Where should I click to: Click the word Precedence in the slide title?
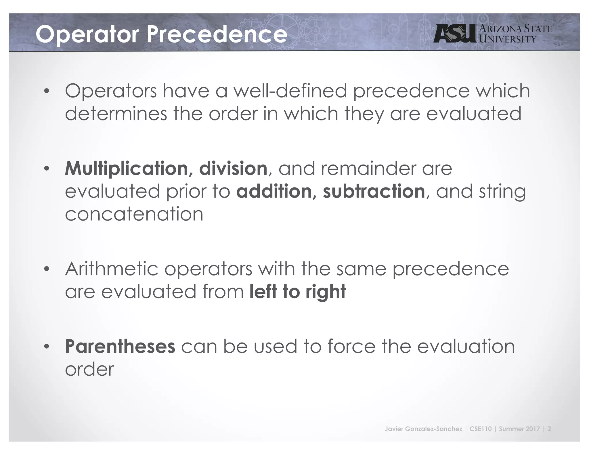(x=217, y=34)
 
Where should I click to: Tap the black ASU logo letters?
(x=455, y=34)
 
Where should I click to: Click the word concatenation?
(x=134, y=214)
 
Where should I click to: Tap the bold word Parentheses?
(x=120, y=346)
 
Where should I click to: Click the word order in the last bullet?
(x=89, y=369)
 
